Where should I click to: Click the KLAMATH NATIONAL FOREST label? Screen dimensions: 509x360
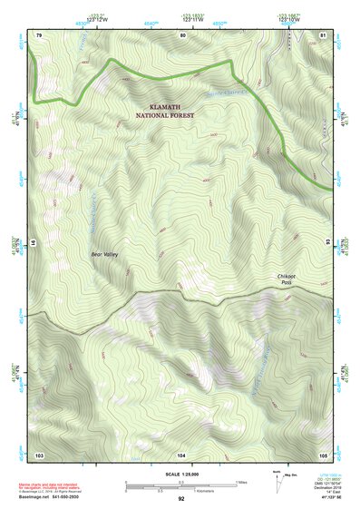(x=164, y=112)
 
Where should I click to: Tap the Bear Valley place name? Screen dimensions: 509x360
(x=105, y=256)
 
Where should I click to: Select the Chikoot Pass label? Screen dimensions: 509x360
(x=287, y=279)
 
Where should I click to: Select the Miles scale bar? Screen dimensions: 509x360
(x=181, y=484)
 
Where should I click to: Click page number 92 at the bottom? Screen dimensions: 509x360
(x=181, y=500)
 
